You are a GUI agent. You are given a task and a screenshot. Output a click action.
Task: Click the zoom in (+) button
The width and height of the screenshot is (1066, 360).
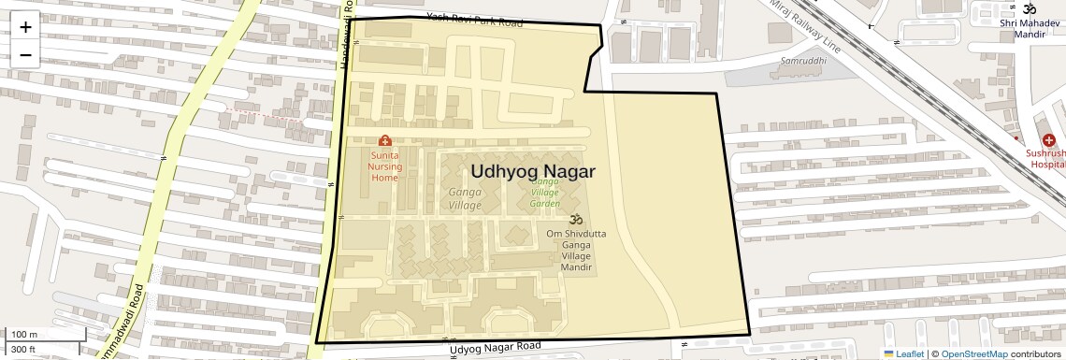(x=25, y=27)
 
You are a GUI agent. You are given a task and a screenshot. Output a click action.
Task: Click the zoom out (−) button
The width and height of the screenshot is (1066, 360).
(x=25, y=55)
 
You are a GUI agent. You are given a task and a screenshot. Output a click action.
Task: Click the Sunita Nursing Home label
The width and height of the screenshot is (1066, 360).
(x=385, y=166)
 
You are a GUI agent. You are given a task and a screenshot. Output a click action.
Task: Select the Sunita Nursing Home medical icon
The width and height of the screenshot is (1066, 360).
(x=384, y=141)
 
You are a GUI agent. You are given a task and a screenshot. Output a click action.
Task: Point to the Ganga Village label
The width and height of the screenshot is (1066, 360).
(x=465, y=198)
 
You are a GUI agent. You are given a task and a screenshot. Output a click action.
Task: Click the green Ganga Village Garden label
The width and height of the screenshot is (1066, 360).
(x=545, y=192)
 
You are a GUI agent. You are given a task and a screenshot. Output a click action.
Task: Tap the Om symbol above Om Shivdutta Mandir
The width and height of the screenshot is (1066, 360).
(x=576, y=219)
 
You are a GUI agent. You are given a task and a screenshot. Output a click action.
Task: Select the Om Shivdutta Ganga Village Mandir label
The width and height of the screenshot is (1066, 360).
(x=576, y=249)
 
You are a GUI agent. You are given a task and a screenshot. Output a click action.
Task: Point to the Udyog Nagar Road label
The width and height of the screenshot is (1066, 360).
(x=495, y=349)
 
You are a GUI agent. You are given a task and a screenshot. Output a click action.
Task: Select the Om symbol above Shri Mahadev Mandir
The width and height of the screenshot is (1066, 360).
(x=1029, y=8)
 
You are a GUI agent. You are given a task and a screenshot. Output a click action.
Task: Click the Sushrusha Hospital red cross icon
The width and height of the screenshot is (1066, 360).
(x=1047, y=140)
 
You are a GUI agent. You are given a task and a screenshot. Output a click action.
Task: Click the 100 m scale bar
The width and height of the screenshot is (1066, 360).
(x=25, y=334)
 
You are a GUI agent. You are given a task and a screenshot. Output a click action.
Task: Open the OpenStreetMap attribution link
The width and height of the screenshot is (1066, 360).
(x=973, y=353)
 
